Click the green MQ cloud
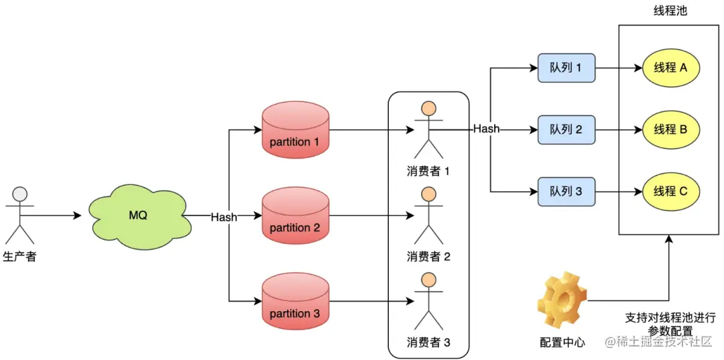pos(137,217)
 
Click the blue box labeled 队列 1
pos(566,68)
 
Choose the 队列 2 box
pos(566,129)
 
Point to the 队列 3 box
pos(566,191)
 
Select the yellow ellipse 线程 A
pos(670,68)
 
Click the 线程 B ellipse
pos(670,129)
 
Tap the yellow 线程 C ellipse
pos(670,191)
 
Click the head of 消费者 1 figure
pos(428,109)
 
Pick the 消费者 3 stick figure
pos(428,302)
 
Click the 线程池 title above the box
pos(670,11)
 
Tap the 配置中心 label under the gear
pos(562,343)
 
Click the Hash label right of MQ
pos(223,217)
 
